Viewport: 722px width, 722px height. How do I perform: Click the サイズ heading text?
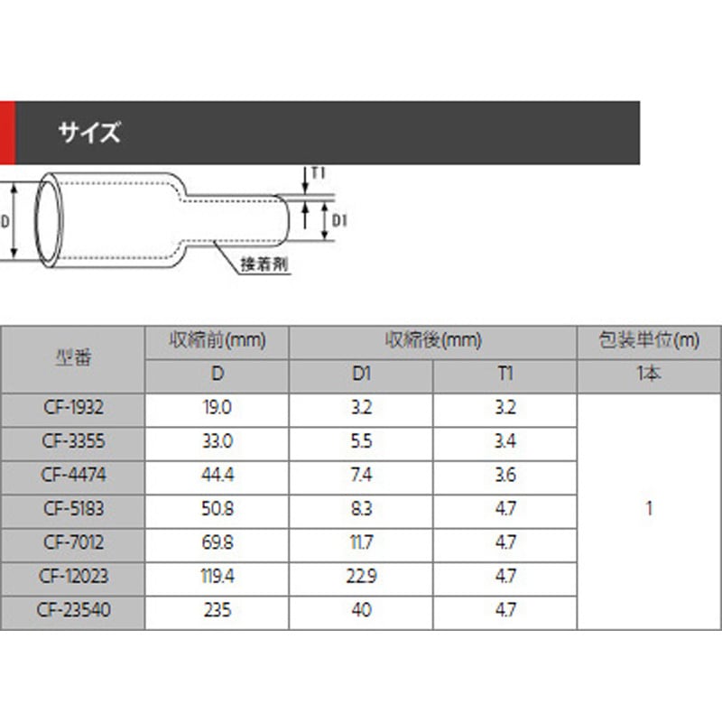89,133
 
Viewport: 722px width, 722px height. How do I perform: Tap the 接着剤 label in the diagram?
264,264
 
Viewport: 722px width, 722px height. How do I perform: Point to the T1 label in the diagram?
319,173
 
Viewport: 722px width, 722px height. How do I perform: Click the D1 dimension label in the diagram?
339,221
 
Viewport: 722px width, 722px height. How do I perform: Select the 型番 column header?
73,357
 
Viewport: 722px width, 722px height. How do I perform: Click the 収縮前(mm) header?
218,341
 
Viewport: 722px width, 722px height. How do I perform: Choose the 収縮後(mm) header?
433,341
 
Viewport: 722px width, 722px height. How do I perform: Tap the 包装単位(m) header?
649,341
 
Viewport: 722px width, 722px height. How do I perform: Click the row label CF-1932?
74,408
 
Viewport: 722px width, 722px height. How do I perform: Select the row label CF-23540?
74,610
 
